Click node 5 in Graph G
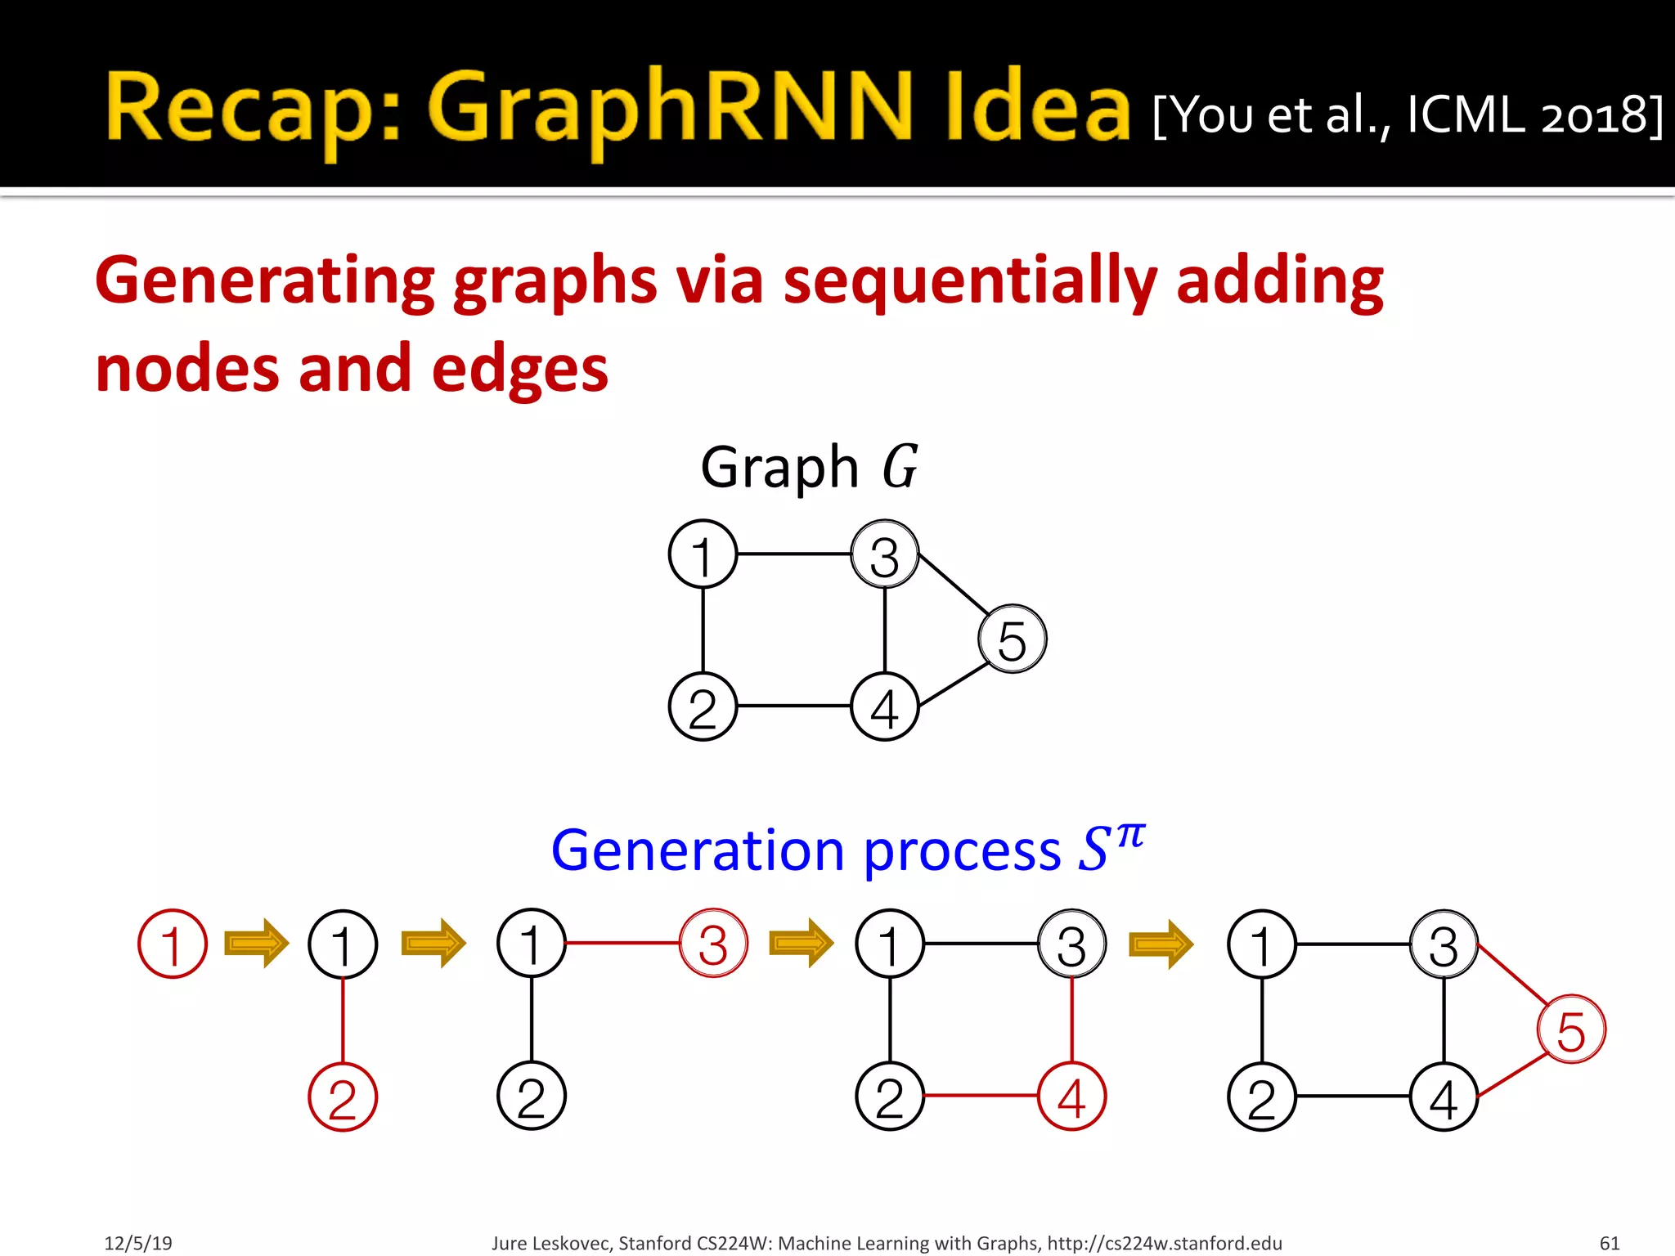tap(1013, 639)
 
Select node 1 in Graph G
tap(703, 554)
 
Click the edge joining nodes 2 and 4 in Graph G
tap(793, 706)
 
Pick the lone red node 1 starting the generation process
tap(173, 944)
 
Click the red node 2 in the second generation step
tap(343, 1097)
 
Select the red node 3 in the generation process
tap(713, 944)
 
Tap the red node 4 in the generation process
tap(1071, 1097)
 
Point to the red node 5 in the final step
tap(1571, 1029)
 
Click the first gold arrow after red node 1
tap(257, 944)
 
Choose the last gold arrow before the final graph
tap(1161, 944)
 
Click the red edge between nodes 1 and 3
tap(622, 943)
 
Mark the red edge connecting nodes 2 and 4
tap(981, 1096)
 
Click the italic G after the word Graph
tap(900, 467)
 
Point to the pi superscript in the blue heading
tap(1131, 836)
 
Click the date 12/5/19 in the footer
tap(138, 1243)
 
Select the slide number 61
tap(1609, 1243)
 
